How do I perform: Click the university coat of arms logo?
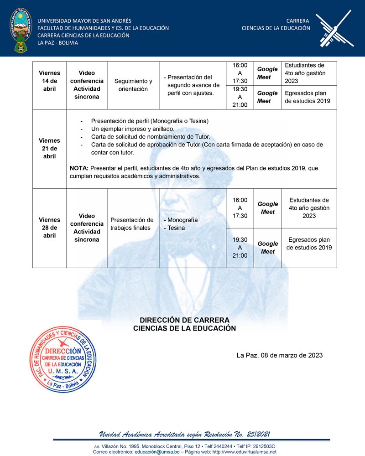tap(19, 29)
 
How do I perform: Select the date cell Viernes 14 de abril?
tap(49, 81)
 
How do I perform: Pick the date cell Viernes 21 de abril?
tap(49, 149)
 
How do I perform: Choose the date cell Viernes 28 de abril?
tap(49, 228)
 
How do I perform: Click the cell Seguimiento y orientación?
tap(133, 85)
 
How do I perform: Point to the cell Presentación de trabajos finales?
tap(132, 224)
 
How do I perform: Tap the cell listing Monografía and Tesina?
tap(181, 224)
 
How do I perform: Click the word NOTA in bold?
tap(79, 168)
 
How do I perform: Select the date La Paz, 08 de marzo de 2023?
tap(279, 355)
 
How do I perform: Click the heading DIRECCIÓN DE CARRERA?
tap(184, 320)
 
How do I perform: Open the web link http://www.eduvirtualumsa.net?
tap(237, 452)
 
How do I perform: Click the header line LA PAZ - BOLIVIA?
tap(57, 43)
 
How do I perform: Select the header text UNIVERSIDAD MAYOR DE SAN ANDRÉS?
tap(84, 21)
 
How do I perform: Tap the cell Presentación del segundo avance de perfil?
tap(192, 85)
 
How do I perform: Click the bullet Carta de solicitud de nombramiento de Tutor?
tap(150, 137)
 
